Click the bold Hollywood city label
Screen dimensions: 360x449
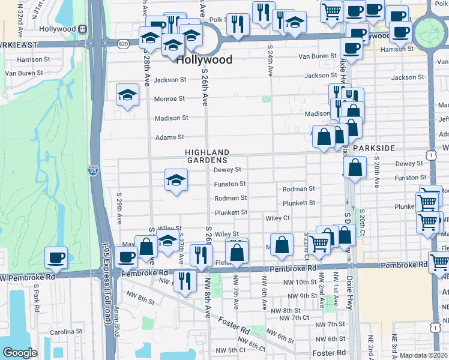[x=205, y=60]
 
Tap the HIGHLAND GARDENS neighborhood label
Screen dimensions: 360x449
[x=206, y=157]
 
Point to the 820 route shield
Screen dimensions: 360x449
[x=123, y=44]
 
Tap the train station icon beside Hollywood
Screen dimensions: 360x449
[x=82, y=29]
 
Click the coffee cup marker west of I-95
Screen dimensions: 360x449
[x=56, y=257]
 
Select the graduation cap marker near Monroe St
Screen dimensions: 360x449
[x=127, y=95]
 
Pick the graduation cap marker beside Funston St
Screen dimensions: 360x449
[x=175, y=179]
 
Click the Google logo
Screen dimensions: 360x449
[x=20, y=353]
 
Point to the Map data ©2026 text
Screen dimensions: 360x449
[x=423, y=355]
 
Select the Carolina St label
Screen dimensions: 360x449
[x=65, y=331]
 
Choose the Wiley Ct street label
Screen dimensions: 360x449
[x=278, y=218]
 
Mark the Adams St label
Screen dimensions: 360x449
[x=170, y=137]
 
